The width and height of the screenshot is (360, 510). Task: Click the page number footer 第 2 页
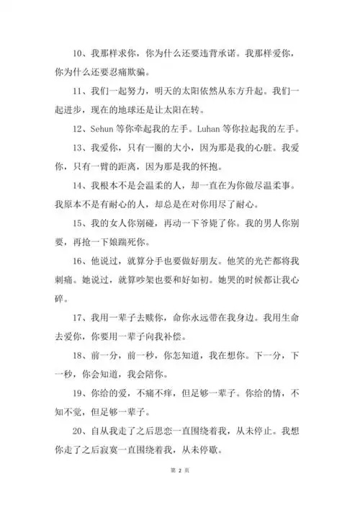coord(180,490)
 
